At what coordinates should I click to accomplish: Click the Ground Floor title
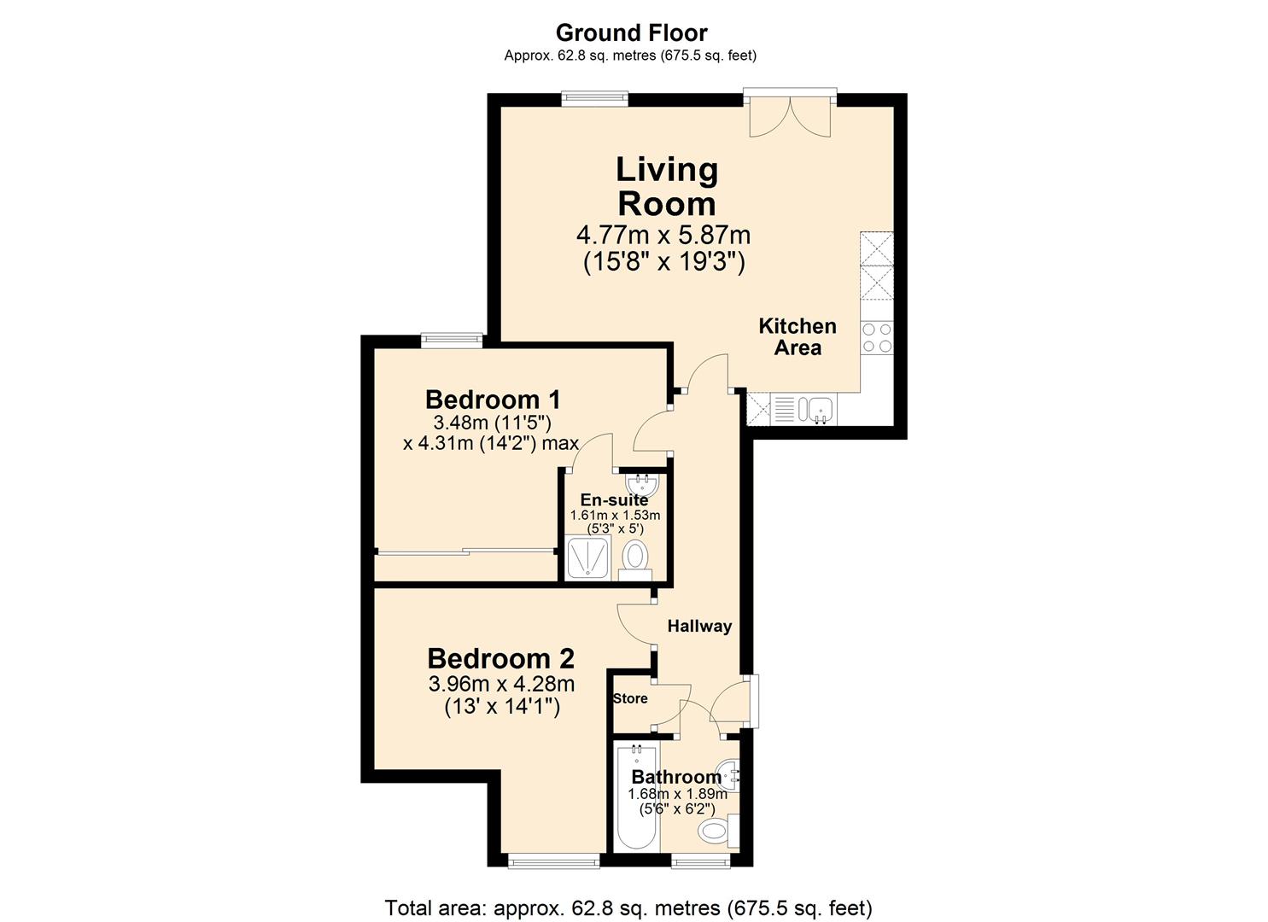click(x=631, y=33)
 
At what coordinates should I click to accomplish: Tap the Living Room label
click(x=667, y=186)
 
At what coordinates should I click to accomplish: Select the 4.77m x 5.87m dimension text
click(x=663, y=233)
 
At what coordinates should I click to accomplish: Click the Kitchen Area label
click(x=798, y=336)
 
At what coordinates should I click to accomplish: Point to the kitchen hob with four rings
click(x=877, y=337)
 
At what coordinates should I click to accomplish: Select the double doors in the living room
click(x=790, y=115)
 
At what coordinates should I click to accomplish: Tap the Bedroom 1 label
click(x=493, y=399)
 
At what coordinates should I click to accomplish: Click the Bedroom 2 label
click(x=500, y=658)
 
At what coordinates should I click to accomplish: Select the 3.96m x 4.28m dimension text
click(x=501, y=684)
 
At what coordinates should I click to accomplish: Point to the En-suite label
click(x=614, y=500)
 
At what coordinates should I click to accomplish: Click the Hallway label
click(x=699, y=626)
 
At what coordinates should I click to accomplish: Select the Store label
click(x=630, y=698)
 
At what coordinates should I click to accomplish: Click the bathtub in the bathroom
click(x=635, y=798)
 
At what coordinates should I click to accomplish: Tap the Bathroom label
click(x=676, y=777)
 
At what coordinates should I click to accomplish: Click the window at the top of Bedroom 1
click(x=452, y=339)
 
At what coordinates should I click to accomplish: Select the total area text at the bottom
click(x=628, y=907)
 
